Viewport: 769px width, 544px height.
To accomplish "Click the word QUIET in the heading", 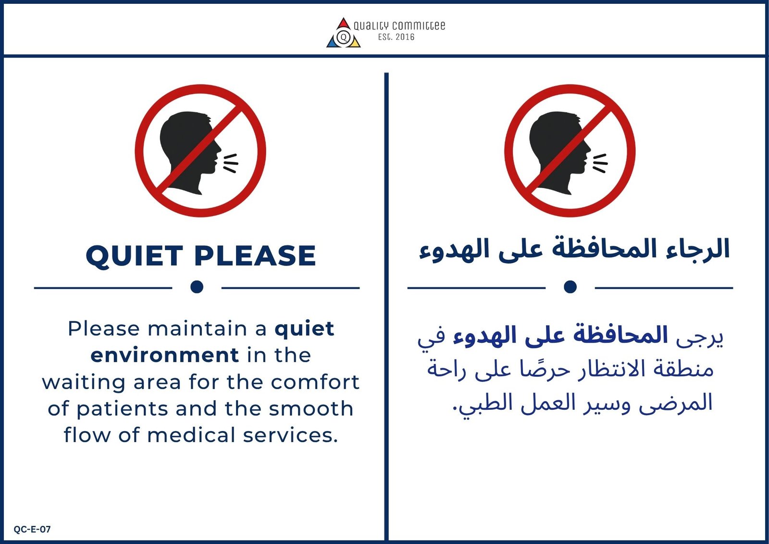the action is pyautogui.click(x=134, y=256).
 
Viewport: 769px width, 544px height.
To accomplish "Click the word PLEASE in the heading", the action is pyautogui.click(x=255, y=256).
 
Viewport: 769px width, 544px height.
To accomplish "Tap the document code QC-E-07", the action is pyautogui.click(x=32, y=529).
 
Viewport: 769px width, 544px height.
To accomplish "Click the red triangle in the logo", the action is pyautogui.click(x=343, y=24).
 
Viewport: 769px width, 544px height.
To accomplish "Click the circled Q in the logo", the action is pyautogui.click(x=343, y=37).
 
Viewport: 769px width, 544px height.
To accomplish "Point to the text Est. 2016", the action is pyautogui.click(x=396, y=37).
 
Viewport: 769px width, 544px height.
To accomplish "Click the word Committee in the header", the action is pyautogui.click(x=419, y=26).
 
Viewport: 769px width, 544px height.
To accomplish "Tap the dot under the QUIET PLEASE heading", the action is pyautogui.click(x=197, y=287).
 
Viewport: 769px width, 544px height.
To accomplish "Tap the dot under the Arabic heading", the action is pyautogui.click(x=570, y=287).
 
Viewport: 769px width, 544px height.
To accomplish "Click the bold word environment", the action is pyautogui.click(x=165, y=355).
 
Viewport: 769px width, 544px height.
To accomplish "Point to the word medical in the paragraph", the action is pyautogui.click(x=191, y=435).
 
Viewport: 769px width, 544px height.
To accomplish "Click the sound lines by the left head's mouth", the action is pyautogui.click(x=230, y=163).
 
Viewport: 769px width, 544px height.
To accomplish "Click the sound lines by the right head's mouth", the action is pyautogui.click(x=600, y=163).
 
